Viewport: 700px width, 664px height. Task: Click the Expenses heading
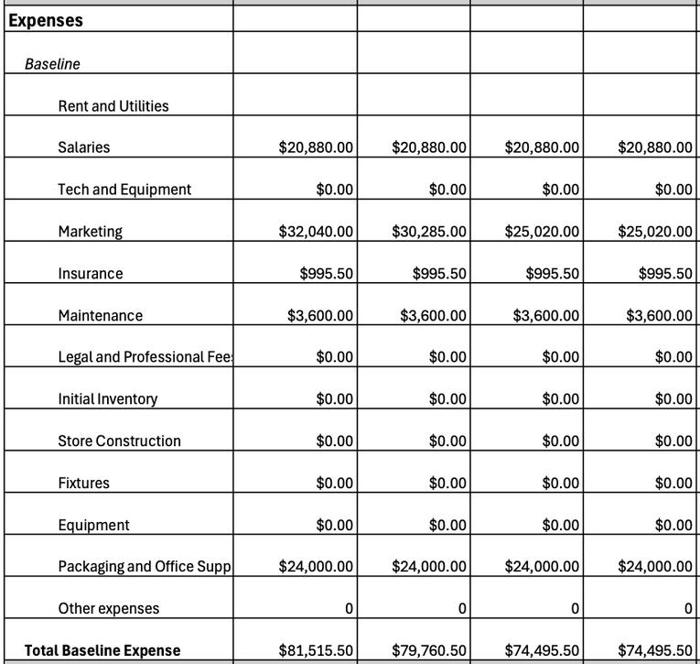pyautogui.click(x=46, y=20)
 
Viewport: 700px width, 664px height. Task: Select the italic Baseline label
pyautogui.click(x=52, y=64)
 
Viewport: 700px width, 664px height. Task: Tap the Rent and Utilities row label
pyautogui.click(x=113, y=106)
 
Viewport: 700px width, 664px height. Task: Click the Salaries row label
pyautogui.click(x=83, y=147)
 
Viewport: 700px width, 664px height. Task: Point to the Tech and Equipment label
pyautogui.click(x=124, y=190)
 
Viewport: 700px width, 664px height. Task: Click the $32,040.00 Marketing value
pyautogui.click(x=316, y=232)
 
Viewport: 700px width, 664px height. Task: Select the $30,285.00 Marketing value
pyautogui.click(x=429, y=232)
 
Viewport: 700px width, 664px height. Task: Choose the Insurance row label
pyautogui.click(x=90, y=274)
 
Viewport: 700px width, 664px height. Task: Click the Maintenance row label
pyautogui.click(x=101, y=316)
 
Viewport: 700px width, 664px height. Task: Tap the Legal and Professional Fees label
pyautogui.click(x=145, y=357)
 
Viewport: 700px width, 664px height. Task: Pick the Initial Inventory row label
pyautogui.click(x=107, y=399)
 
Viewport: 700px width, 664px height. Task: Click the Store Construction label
pyautogui.click(x=119, y=441)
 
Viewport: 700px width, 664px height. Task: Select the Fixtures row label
pyautogui.click(x=83, y=484)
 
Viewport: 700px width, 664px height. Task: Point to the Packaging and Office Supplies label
pyautogui.click(x=145, y=567)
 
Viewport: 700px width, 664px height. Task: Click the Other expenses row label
pyautogui.click(x=108, y=609)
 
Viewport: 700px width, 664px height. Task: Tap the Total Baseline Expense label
pyautogui.click(x=102, y=651)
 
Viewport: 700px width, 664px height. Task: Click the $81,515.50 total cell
pyautogui.click(x=316, y=651)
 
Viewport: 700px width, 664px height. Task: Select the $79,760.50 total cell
pyautogui.click(x=429, y=651)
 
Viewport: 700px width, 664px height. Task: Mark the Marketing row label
pyautogui.click(x=90, y=232)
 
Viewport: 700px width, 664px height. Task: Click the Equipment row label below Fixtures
pyautogui.click(x=93, y=526)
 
